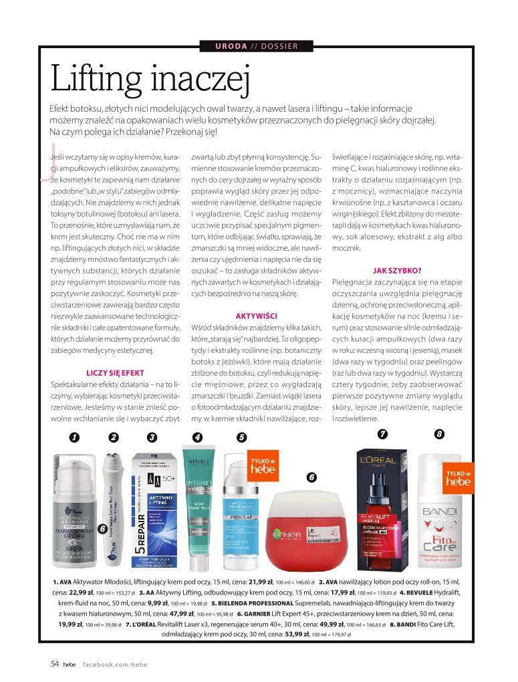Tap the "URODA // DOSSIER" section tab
point(257,46)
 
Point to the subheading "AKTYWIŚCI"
point(257,316)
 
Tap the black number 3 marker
point(152,437)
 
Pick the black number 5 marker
point(241,437)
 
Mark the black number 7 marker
point(382,433)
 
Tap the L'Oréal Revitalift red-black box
point(383,508)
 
